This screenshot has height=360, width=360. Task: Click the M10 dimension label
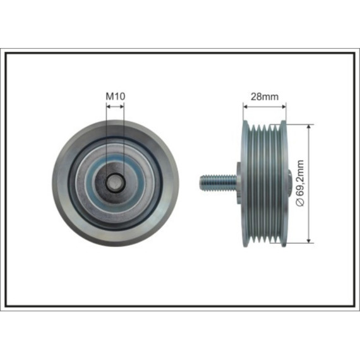coord(115,97)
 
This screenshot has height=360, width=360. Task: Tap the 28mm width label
coord(265,97)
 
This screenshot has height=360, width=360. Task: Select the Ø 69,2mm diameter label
coord(300,183)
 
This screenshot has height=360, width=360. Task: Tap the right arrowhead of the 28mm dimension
coord(284,107)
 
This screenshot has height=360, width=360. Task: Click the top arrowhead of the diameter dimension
coord(309,128)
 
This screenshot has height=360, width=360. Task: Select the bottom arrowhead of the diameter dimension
coord(309,239)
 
